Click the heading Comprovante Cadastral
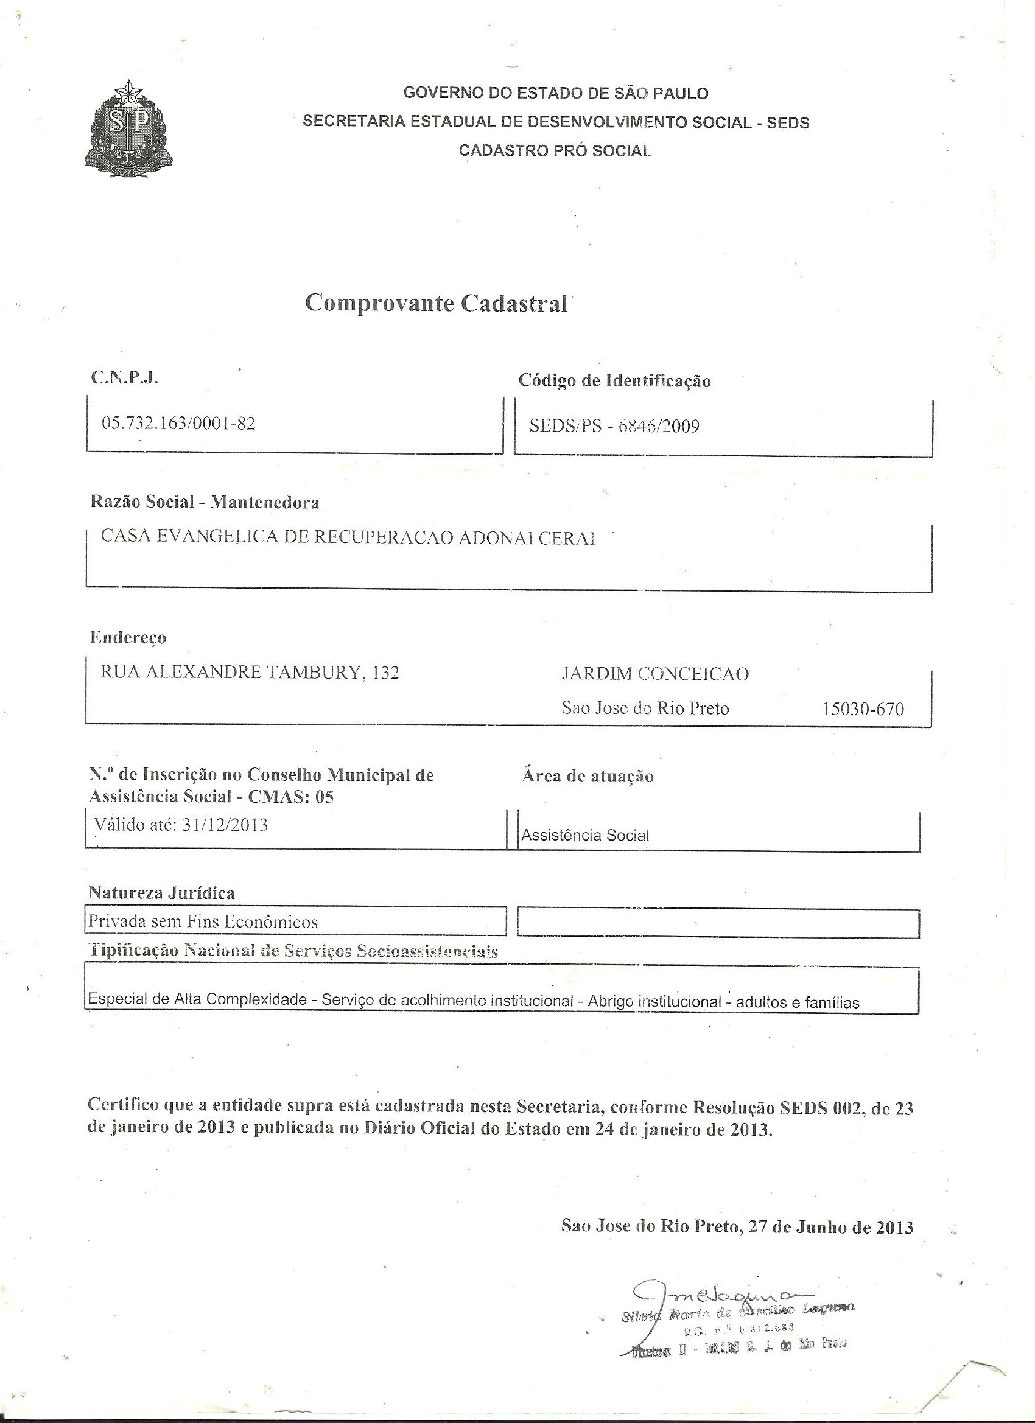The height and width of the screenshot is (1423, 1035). (x=435, y=303)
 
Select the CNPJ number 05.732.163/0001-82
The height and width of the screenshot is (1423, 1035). (x=178, y=423)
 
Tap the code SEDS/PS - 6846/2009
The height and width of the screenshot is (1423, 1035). (x=614, y=426)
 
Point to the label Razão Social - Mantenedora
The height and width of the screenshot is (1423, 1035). (x=205, y=502)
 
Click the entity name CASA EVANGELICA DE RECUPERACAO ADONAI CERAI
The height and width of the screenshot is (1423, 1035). (x=348, y=537)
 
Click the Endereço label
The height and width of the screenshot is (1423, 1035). (x=128, y=637)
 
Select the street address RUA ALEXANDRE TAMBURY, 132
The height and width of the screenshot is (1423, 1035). (x=250, y=672)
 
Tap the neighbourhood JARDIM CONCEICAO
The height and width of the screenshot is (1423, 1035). (x=654, y=674)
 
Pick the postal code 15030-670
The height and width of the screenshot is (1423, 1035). (x=863, y=709)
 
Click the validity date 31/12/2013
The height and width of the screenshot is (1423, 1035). (x=225, y=825)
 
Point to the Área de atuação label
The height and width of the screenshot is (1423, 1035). (x=588, y=776)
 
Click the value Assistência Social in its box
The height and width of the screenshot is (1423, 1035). (x=585, y=835)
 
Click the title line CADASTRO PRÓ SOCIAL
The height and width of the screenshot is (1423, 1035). (x=555, y=150)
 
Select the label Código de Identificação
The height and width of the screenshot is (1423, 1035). (x=614, y=380)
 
